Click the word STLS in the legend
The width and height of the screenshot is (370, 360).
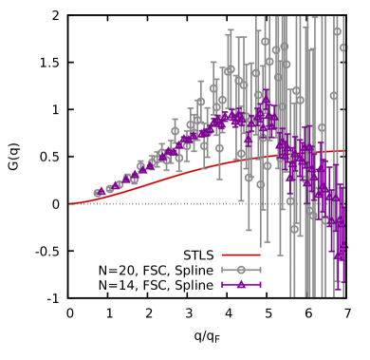[198, 256]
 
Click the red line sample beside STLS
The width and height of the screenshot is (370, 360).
[240, 256]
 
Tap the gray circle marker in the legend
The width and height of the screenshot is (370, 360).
[241, 270]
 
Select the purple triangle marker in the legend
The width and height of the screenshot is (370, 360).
[241, 285]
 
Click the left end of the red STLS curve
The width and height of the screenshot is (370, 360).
[69, 203]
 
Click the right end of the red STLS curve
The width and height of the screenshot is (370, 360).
[343, 151]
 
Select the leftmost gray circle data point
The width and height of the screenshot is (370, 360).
[98, 193]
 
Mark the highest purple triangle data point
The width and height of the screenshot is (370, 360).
[266, 98]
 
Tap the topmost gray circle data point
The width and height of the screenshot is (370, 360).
[337, 31]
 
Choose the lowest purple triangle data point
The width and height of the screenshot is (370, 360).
[340, 255]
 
